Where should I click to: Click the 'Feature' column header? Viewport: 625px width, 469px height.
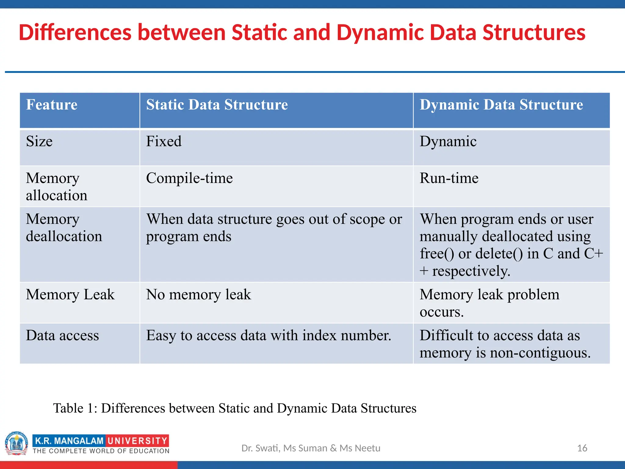point(52,105)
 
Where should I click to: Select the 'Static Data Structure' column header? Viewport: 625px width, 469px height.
point(217,105)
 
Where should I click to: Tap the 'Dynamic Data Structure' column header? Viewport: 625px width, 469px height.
point(501,105)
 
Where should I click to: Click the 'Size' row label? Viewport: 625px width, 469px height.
point(39,141)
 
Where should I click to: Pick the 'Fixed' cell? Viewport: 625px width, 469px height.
point(164,141)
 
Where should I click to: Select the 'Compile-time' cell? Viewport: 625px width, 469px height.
point(189,178)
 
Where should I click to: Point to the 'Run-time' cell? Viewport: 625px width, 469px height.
point(449,178)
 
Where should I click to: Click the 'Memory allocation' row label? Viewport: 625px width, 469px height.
point(56,187)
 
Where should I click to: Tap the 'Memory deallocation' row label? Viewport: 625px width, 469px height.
point(64,228)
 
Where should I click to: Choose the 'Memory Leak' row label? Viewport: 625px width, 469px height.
point(70,295)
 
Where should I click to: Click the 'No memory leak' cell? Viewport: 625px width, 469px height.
point(198,295)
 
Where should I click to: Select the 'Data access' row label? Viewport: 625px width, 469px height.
point(62,336)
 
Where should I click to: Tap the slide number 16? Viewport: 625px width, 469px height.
point(582,448)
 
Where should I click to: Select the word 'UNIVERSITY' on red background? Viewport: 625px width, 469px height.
point(137,441)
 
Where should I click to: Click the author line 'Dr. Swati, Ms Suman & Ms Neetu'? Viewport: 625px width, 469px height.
point(311,448)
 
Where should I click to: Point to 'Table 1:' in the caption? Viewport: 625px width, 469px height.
point(75,408)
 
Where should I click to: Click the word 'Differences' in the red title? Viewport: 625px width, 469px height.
point(75,32)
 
